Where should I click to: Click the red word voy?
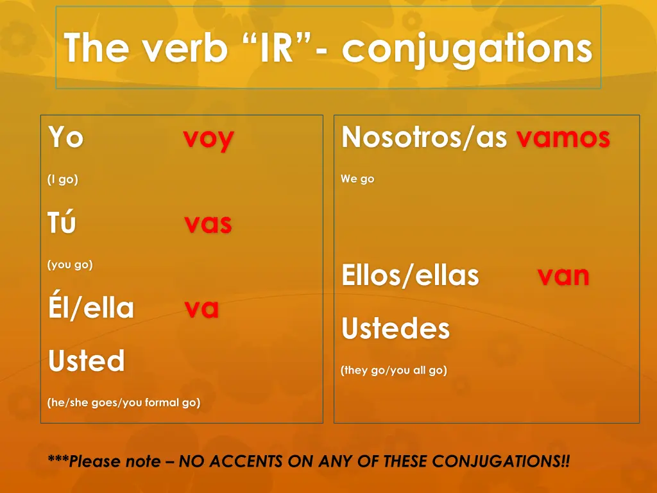coord(208,139)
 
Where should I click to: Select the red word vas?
coord(208,224)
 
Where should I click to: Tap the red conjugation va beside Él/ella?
coord(201,309)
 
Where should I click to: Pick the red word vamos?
coord(563,137)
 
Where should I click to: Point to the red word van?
coord(563,275)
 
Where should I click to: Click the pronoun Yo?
coord(65,137)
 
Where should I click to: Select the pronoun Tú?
coord(62,223)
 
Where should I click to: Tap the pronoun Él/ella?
coord(91,308)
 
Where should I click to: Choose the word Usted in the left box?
coord(86,361)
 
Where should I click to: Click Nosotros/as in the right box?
coord(425,137)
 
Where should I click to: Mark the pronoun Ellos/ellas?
coord(411,275)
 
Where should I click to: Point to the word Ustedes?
coord(396,329)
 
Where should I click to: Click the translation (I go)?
coord(63,180)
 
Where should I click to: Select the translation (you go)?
coord(70,264)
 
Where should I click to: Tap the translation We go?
coord(357,179)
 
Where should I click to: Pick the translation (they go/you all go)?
coord(394,370)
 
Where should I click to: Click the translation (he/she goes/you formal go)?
coord(124,403)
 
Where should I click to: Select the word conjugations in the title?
coord(466,49)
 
